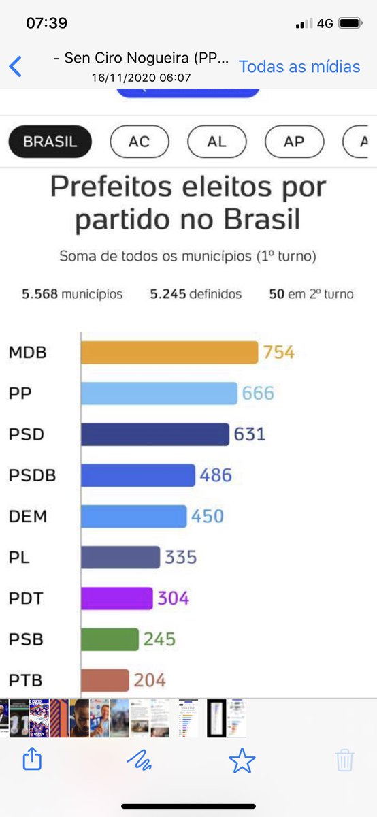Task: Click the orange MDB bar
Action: pyautogui.click(x=169, y=353)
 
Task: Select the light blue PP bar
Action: pyautogui.click(x=159, y=394)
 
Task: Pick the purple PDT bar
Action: pyautogui.click(x=116, y=598)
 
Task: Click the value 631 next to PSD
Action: pyautogui.click(x=250, y=434)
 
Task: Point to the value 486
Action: pyautogui.click(x=216, y=475)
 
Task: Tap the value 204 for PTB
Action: pyautogui.click(x=150, y=680)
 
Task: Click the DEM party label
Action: pyautogui.click(x=28, y=516)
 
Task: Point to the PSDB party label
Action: pyautogui.click(x=32, y=475)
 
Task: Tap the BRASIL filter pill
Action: pyautogui.click(x=50, y=142)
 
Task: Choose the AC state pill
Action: pyautogui.click(x=139, y=142)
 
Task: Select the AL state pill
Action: pyautogui.click(x=216, y=142)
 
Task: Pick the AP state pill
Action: pyautogui.click(x=294, y=142)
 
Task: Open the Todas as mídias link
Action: pyautogui.click(x=299, y=67)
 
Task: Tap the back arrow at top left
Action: pyautogui.click(x=15, y=67)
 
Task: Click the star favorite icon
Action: pyautogui.click(x=242, y=760)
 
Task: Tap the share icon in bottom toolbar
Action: pyautogui.click(x=32, y=758)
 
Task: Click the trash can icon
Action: pyautogui.click(x=345, y=760)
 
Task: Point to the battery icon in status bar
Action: pyautogui.click(x=350, y=23)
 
